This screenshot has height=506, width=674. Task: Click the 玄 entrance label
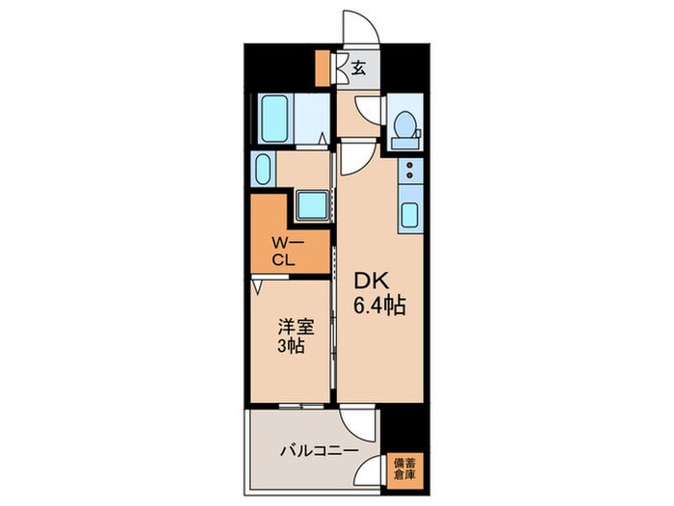(357, 67)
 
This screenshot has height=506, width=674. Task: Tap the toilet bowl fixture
(404, 127)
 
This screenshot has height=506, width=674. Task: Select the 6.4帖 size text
(377, 306)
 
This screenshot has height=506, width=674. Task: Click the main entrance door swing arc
(361, 29)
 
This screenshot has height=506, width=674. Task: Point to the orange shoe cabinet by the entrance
(324, 67)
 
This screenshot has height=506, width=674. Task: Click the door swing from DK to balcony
(360, 424)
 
